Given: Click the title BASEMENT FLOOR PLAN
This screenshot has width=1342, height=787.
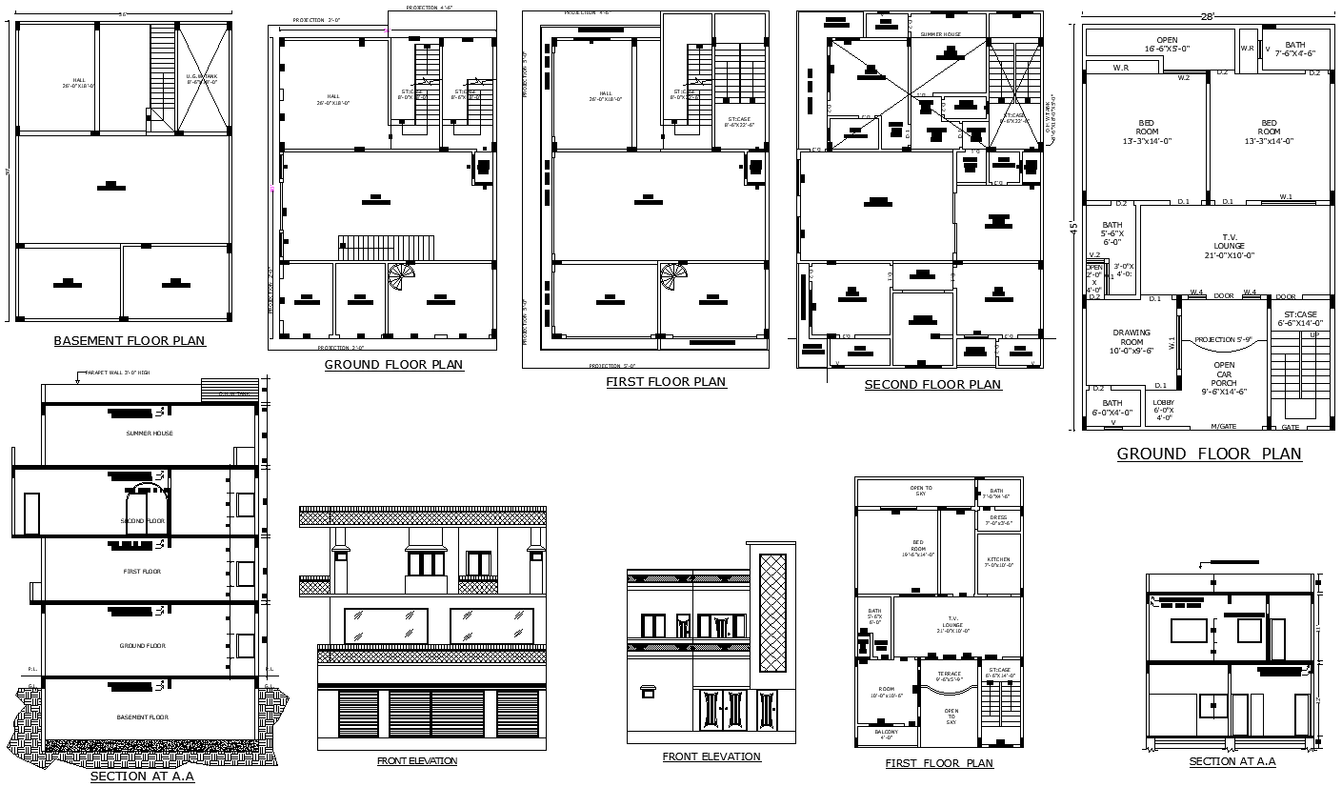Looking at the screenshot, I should tap(129, 341).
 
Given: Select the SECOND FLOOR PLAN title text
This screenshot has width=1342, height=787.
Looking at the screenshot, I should tap(932, 385).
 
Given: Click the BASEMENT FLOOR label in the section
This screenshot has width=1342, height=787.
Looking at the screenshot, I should tap(142, 717).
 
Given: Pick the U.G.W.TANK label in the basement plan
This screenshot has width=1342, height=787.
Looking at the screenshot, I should tap(202, 79).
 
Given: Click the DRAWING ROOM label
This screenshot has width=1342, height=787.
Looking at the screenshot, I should tap(1132, 342).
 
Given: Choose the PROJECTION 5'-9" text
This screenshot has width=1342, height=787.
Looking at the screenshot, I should tap(1224, 339).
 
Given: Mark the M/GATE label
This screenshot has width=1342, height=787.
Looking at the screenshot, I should tap(1223, 426).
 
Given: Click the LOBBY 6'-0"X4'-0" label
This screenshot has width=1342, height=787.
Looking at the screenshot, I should tap(1164, 411).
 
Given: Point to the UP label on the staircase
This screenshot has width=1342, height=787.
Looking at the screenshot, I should tap(1314, 335).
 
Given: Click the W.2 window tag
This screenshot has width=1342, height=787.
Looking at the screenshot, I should tap(1184, 78).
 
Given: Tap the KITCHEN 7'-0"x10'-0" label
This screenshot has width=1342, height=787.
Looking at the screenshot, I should tap(998, 562).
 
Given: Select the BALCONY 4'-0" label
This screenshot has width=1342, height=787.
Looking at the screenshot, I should tap(886, 734).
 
